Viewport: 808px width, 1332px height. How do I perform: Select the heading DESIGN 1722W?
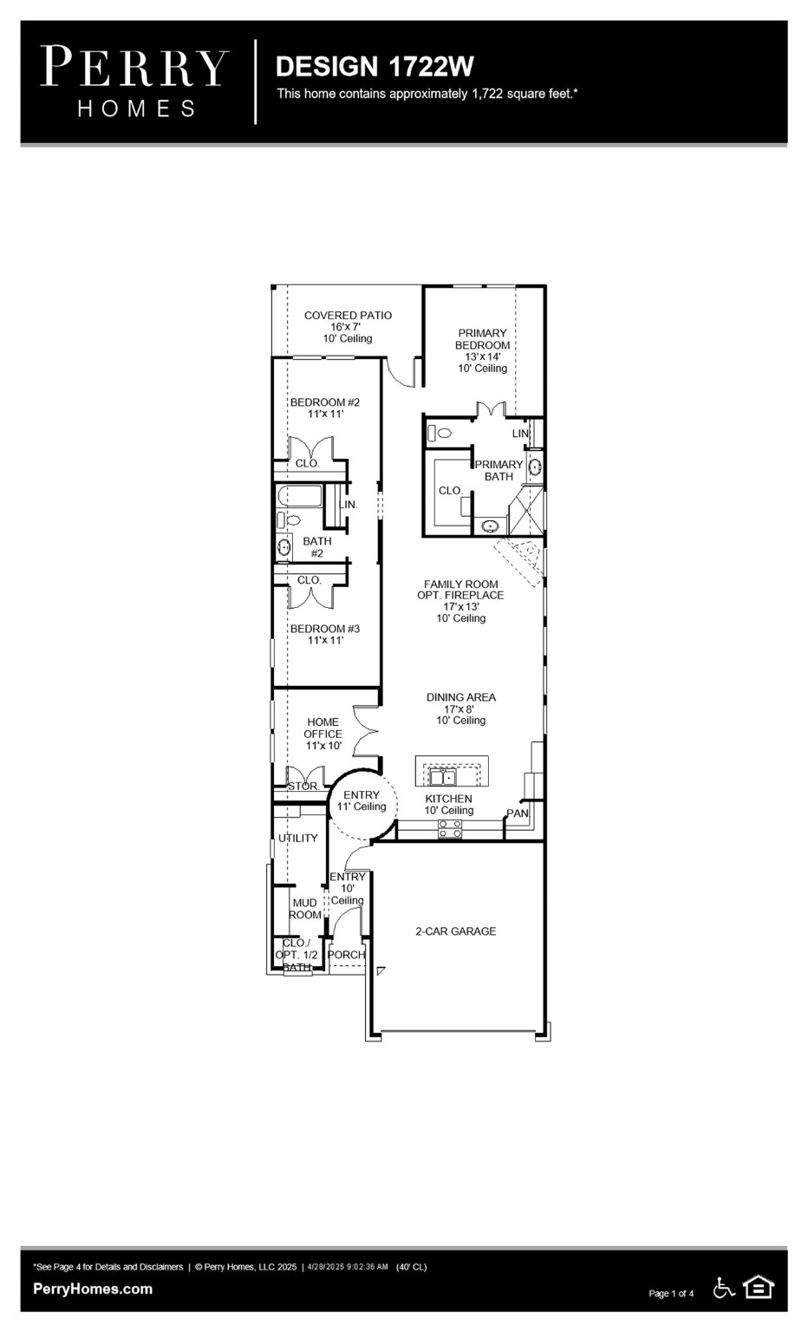(x=375, y=67)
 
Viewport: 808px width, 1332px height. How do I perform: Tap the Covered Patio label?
(x=348, y=326)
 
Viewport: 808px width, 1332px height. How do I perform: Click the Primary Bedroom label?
(x=483, y=349)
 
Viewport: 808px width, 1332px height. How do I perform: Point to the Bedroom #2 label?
(x=324, y=408)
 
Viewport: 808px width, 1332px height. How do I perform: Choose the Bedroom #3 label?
(x=324, y=634)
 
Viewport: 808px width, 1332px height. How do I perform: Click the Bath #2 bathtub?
(x=299, y=496)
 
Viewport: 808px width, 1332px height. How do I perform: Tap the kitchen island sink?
(x=445, y=775)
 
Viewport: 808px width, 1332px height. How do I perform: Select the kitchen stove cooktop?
(x=449, y=829)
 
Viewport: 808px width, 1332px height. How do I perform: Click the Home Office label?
(x=323, y=733)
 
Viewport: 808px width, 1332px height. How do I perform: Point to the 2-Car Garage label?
(x=455, y=930)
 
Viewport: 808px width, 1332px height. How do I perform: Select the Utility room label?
(x=297, y=838)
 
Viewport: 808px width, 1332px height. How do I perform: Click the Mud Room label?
(x=304, y=908)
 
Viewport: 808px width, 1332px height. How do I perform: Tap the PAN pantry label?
(x=518, y=813)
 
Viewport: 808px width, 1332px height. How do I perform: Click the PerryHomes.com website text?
(x=93, y=1289)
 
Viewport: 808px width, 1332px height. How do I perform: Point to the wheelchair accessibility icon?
(x=724, y=1288)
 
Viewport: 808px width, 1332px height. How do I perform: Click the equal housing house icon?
(x=759, y=1288)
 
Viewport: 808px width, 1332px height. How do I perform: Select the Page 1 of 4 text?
(x=671, y=1293)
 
